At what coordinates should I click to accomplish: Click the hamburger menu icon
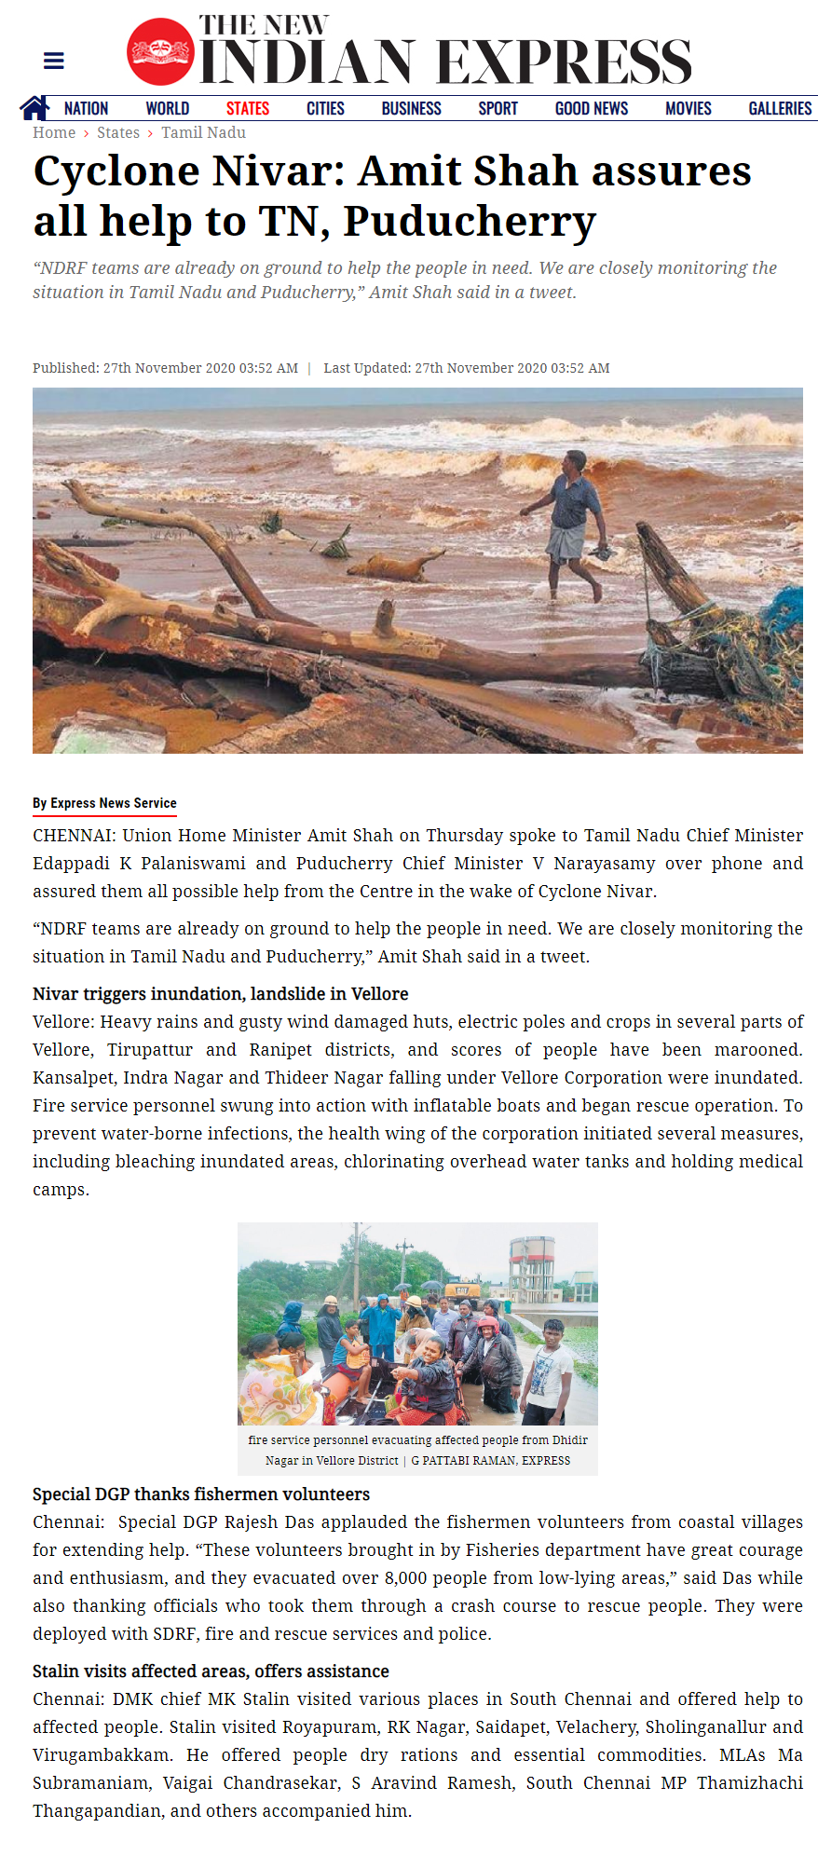coord(54,61)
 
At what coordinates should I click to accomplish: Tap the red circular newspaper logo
coord(160,52)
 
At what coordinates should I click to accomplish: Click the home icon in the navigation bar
coord(34,108)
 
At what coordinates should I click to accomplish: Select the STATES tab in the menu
coord(247,109)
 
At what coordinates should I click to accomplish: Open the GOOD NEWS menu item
coord(591,109)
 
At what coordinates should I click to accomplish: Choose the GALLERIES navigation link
coord(779,109)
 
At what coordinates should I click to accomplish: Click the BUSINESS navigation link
coord(411,109)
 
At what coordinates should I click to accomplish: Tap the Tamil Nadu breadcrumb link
coord(203,132)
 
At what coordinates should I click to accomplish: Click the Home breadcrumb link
coord(54,132)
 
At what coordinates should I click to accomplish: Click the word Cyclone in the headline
coord(116,171)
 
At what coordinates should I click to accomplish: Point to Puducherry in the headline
coord(470,222)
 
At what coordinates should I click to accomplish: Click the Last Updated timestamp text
coord(466,368)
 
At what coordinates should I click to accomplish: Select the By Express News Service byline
coord(104,803)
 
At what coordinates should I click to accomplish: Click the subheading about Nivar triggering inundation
coord(220,993)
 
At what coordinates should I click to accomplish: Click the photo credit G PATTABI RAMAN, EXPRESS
coord(490,1460)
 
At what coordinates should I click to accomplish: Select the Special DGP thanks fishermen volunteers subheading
coord(201,1494)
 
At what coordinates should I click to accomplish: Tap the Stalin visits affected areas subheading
coord(211,1671)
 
